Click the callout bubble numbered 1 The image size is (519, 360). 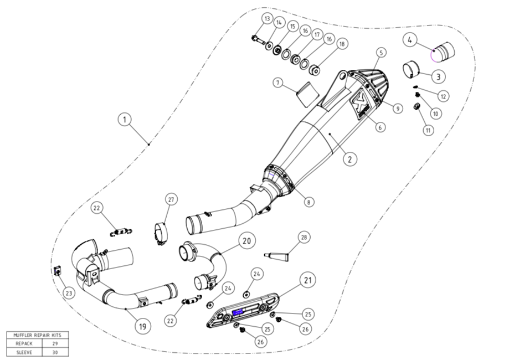(125, 119)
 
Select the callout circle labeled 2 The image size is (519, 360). (349, 160)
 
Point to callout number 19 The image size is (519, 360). (142, 326)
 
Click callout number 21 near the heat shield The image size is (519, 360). (307, 280)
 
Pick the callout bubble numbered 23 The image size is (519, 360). (68, 293)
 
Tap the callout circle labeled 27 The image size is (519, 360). (171, 199)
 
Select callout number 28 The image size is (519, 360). (304, 238)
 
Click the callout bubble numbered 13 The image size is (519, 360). (267, 19)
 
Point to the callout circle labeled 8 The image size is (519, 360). (309, 202)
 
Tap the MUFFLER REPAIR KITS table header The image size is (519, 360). (38, 335)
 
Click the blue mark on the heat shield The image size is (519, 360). (239, 313)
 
